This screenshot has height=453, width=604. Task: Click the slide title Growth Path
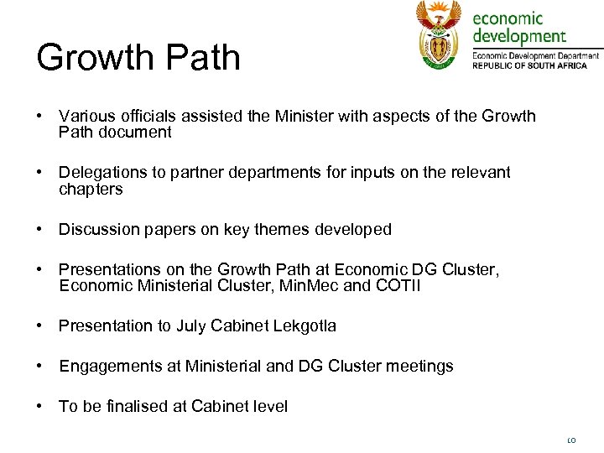138,57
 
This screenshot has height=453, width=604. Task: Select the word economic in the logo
508,18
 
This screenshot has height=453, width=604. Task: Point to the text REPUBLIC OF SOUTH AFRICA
535,66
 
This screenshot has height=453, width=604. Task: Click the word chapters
91,189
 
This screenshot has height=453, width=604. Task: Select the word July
190,325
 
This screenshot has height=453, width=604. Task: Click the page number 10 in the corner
572,439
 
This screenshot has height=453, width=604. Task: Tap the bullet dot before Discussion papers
39,229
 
